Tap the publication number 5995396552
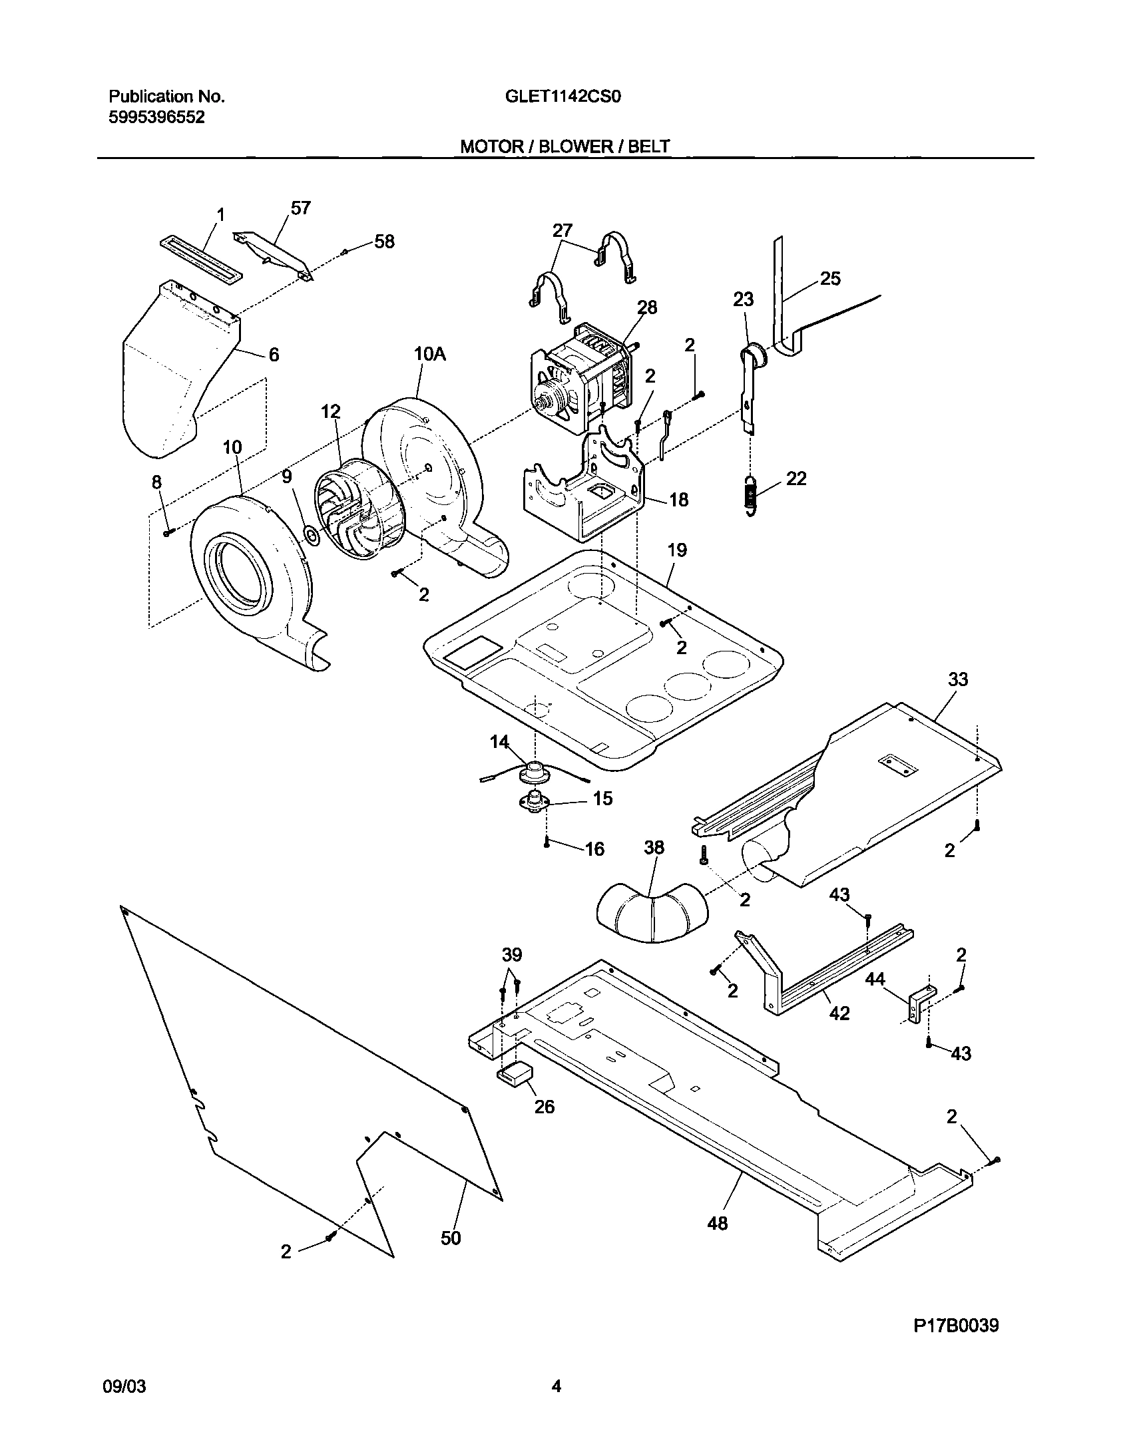(156, 118)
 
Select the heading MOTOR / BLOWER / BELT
(565, 146)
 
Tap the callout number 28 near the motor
(647, 307)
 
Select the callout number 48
(718, 1223)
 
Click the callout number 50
(451, 1238)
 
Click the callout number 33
(958, 679)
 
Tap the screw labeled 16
(546, 843)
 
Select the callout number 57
(300, 208)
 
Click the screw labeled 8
(167, 531)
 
